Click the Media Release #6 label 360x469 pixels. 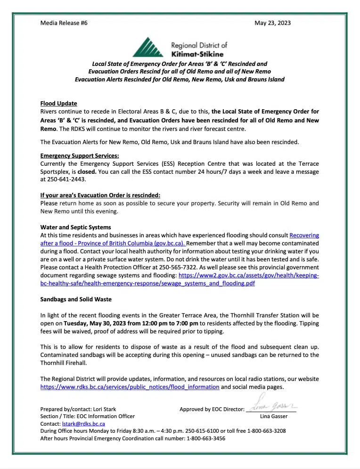click(x=64, y=23)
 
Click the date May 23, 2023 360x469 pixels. click(x=272, y=23)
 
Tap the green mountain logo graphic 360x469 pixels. click(x=149, y=47)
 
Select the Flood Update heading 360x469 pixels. click(x=58, y=104)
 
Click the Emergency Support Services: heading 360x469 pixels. click(x=79, y=155)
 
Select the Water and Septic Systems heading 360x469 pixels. click(x=75, y=227)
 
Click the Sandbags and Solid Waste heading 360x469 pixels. click(x=76, y=299)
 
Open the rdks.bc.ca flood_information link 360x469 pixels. click(x=130, y=387)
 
